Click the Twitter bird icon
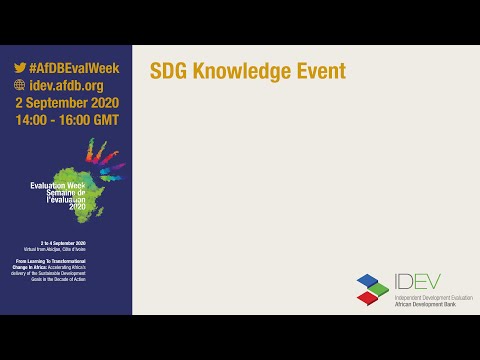click(x=20, y=68)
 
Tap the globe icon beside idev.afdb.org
click(x=20, y=85)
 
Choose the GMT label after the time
click(x=104, y=120)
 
